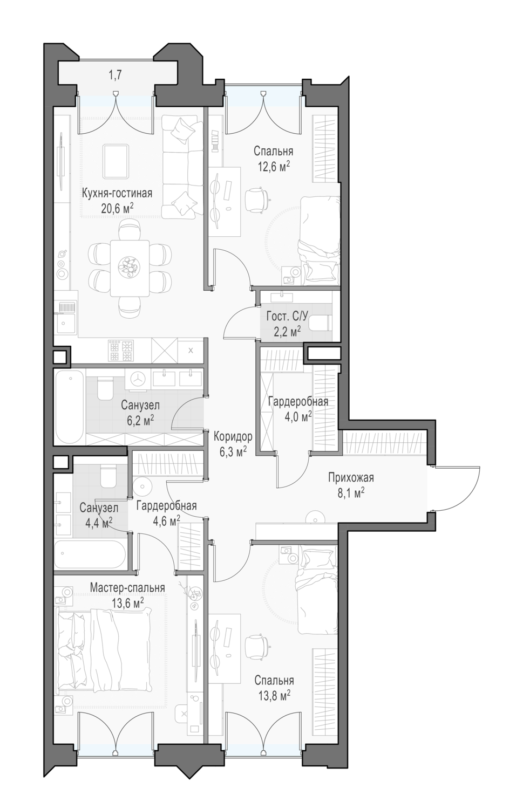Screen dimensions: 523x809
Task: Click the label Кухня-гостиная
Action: click(x=117, y=193)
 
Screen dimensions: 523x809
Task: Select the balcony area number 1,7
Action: click(x=115, y=76)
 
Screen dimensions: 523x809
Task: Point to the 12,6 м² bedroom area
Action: click(x=274, y=167)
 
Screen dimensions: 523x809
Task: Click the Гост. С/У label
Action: click(x=287, y=317)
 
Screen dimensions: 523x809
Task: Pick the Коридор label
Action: click(x=233, y=437)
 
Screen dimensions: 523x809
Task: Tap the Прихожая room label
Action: click(x=351, y=478)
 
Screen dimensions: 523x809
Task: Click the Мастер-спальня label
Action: click(x=127, y=588)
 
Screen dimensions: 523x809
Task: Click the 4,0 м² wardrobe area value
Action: click(x=297, y=417)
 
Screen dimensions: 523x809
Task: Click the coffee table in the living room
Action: click(x=116, y=161)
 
